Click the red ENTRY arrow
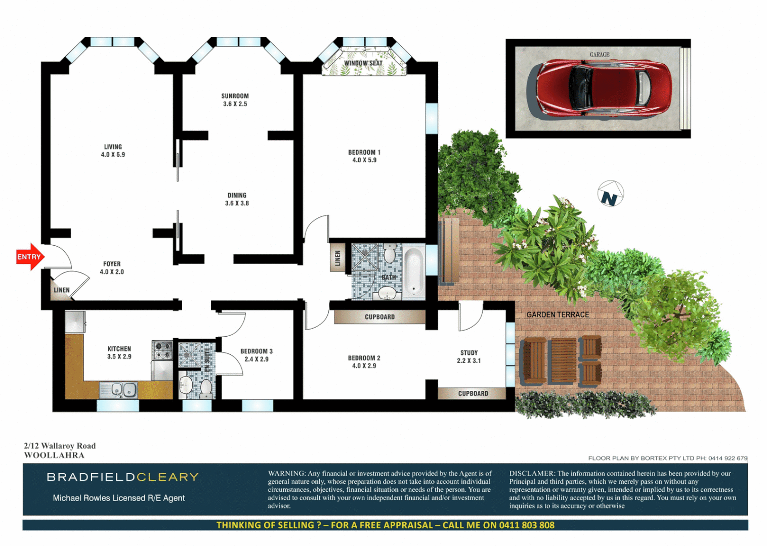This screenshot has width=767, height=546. [x=30, y=257]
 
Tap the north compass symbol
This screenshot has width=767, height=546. [x=610, y=194]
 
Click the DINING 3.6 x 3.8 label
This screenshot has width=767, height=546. [x=237, y=199]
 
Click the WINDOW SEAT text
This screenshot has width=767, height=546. [x=363, y=63]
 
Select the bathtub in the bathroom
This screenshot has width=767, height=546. [x=413, y=270]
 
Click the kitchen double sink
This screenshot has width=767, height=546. [x=124, y=390]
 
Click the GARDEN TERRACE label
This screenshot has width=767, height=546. [x=558, y=314]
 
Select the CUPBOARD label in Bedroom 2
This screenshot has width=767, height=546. [x=379, y=317]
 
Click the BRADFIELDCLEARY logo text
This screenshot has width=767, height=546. [x=122, y=477]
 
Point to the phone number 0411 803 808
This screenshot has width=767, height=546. [x=527, y=525]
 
